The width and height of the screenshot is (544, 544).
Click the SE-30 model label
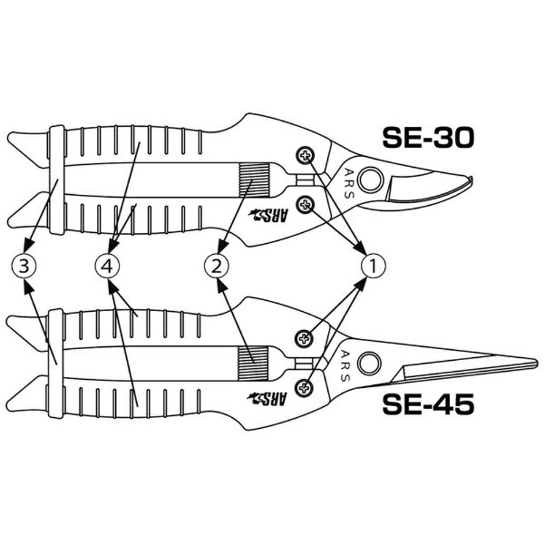(428, 138)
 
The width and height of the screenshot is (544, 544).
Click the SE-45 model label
(428, 404)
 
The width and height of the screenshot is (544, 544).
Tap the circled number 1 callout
(374, 266)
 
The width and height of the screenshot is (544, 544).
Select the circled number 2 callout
(217, 266)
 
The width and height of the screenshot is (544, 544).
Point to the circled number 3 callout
(24, 266)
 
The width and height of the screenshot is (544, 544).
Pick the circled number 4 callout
(107, 266)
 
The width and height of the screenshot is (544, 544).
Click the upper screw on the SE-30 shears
(306, 155)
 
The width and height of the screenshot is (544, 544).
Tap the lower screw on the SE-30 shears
(306, 204)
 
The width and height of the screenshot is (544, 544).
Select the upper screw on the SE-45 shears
(304, 338)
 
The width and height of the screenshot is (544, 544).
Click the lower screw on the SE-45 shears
(304, 387)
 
